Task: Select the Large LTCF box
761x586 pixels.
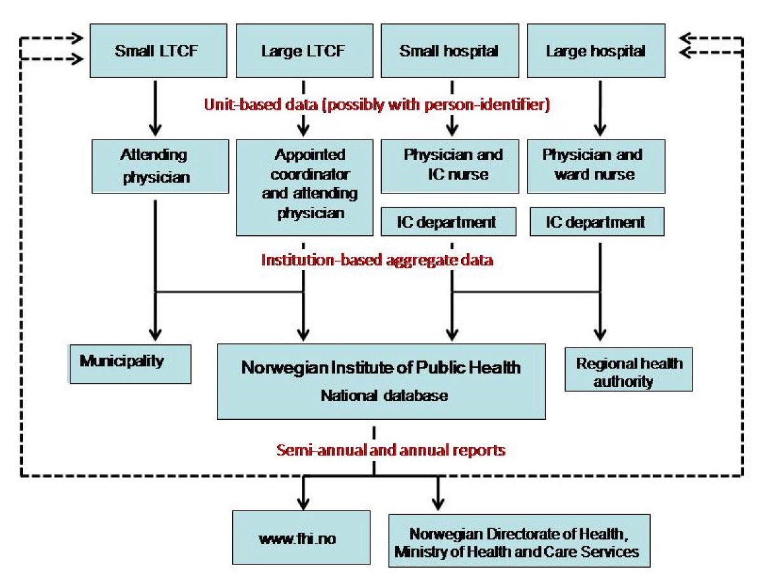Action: pyautogui.click(x=304, y=51)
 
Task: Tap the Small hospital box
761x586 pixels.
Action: pyautogui.click(x=449, y=51)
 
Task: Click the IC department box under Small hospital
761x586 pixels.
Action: pyautogui.click(x=447, y=223)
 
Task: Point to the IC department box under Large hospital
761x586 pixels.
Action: pyautogui.click(x=595, y=223)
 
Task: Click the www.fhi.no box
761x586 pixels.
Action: pyautogui.click(x=297, y=539)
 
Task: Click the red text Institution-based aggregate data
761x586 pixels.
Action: pyautogui.click(x=377, y=260)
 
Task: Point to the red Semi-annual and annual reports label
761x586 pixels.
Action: pyautogui.click(x=390, y=450)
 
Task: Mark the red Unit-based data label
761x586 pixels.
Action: pyautogui.click(x=376, y=105)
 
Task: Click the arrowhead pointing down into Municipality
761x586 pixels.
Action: pyautogui.click(x=155, y=334)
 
